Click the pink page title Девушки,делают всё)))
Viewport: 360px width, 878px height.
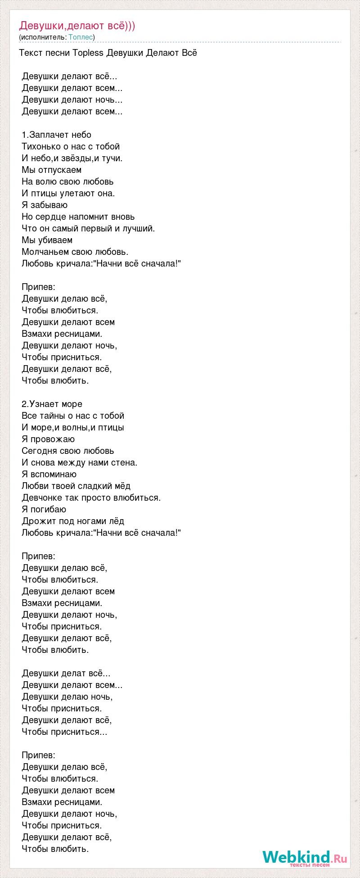(x=77, y=26)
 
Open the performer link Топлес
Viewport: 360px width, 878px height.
(x=81, y=37)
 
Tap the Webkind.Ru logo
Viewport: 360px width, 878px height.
(x=305, y=857)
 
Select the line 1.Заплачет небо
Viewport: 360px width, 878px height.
(x=56, y=135)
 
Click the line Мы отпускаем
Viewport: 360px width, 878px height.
(x=51, y=170)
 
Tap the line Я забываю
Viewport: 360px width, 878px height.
(x=45, y=205)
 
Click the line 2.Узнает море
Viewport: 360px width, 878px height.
(x=52, y=404)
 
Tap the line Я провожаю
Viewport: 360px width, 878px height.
(x=48, y=439)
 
